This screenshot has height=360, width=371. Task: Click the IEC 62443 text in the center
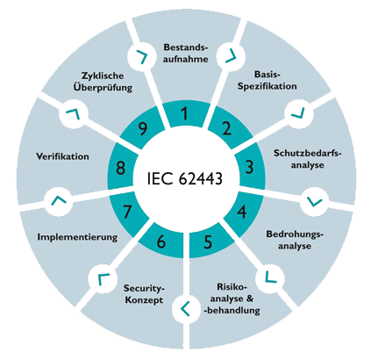[x=185, y=178]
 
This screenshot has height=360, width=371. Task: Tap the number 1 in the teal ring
[x=184, y=113]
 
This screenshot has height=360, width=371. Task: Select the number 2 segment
[x=226, y=128]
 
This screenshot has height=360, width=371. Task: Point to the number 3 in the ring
[x=249, y=167]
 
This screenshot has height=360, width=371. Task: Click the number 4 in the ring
[x=242, y=212]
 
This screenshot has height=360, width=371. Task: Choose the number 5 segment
[x=208, y=242]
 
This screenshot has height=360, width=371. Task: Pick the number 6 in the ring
[x=161, y=242]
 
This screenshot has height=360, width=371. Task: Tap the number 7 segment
[x=127, y=212]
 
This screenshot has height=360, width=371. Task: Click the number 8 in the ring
[x=120, y=169]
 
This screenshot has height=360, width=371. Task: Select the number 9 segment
[x=143, y=128]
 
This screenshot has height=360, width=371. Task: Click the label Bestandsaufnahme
[x=185, y=54]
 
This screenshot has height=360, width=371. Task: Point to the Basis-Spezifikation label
[x=267, y=80]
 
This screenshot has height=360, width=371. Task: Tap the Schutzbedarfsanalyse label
[x=308, y=159]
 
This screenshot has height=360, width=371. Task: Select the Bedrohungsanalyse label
[x=295, y=240]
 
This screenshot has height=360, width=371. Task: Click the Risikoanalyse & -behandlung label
[x=232, y=299]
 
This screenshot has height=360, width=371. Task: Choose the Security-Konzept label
[x=144, y=294]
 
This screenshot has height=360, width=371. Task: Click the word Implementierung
[x=77, y=237]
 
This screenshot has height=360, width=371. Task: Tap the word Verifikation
[x=62, y=156]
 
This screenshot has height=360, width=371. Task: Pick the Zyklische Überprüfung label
[x=103, y=82]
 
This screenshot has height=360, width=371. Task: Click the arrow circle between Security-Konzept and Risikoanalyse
[x=185, y=308]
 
